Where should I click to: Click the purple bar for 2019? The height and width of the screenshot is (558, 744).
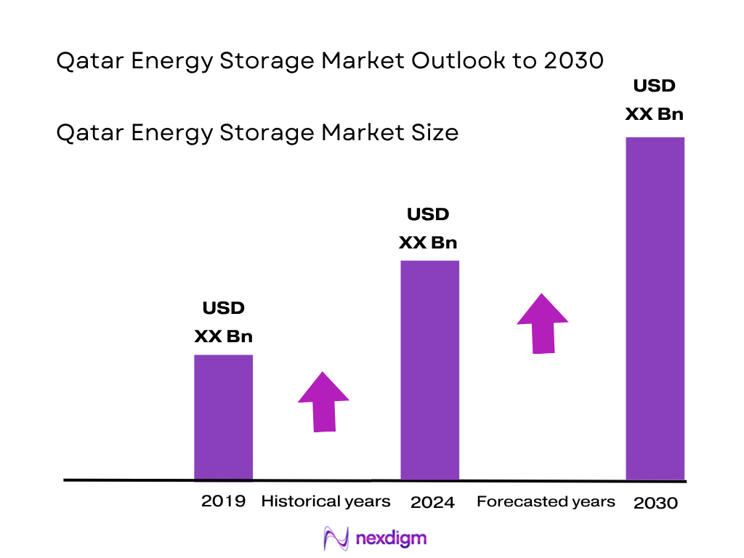click(223, 417)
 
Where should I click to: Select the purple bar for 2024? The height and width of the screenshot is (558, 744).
click(430, 370)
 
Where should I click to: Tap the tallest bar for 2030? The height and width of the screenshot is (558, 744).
click(655, 308)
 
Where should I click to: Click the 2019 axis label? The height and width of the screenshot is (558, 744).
click(223, 501)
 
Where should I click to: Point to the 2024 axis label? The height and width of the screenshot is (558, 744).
click(432, 502)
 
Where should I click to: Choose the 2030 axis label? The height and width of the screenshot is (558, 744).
click(655, 503)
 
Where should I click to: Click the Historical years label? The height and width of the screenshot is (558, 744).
click(325, 501)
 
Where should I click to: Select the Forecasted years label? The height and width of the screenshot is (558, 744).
click(546, 501)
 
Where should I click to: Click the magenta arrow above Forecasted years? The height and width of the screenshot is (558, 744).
click(543, 323)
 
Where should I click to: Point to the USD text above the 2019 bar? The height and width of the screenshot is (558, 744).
click(223, 308)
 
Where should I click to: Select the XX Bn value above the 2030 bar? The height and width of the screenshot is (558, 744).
click(655, 115)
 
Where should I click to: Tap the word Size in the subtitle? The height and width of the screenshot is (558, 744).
click(433, 133)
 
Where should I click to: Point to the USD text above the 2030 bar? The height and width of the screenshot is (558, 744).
click(654, 86)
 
